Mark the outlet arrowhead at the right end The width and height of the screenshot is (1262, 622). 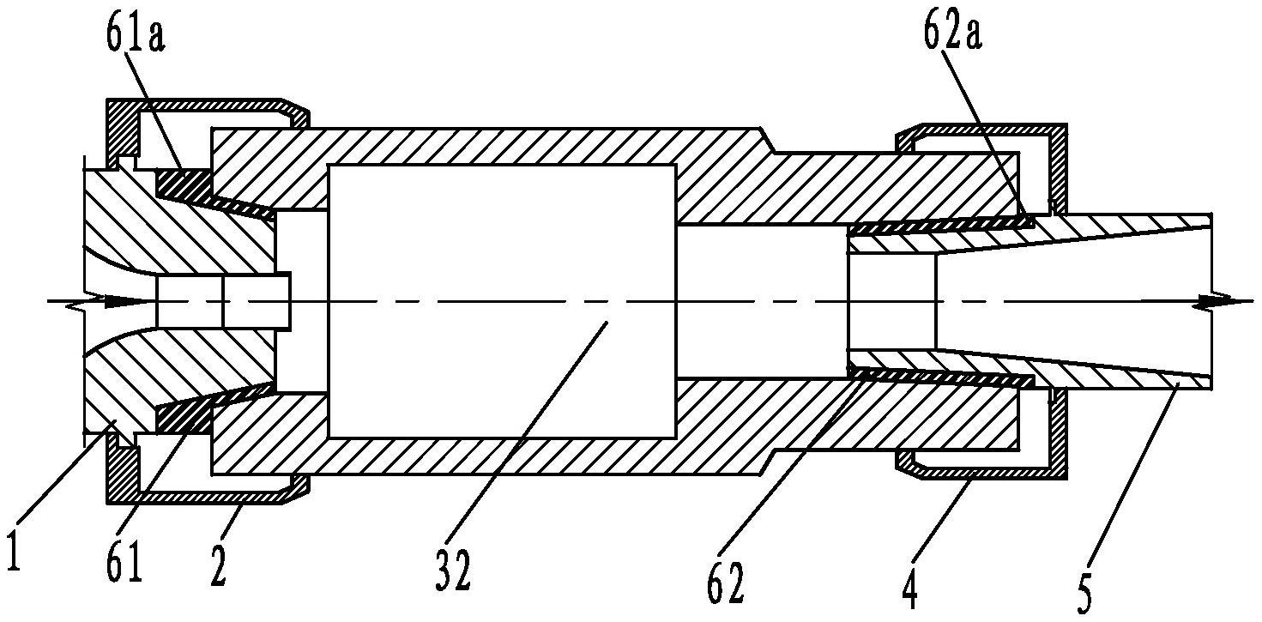(1218, 302)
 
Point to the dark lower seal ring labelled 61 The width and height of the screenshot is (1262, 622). (184, 420)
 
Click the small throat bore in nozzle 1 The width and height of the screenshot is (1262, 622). (223, 302)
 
